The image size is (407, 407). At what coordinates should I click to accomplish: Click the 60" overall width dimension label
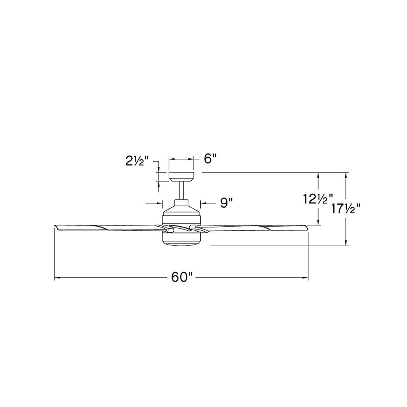pos(182,278)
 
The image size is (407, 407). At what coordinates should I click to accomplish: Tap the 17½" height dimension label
pos(346,209)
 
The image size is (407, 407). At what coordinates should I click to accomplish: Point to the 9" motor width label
pos(226,203)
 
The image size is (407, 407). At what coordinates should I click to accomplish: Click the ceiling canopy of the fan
pos(182,177)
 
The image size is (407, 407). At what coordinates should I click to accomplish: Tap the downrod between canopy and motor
pos(182,190)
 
